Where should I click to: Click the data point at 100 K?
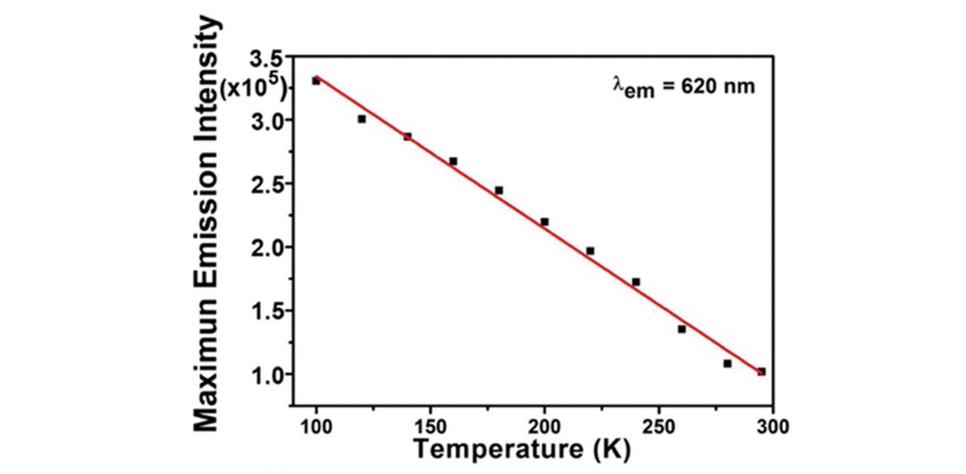click(316, 81)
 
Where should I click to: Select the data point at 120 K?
click(361, 119)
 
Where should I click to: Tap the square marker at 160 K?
click(453, 161)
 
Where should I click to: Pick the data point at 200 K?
click(544, 222)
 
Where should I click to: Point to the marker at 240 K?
click(635, 282)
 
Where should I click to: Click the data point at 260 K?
click(681, 329)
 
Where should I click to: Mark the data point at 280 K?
click(727, 363)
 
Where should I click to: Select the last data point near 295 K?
click(761, 372)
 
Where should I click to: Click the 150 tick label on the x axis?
click(430, 427)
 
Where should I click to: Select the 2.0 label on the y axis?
click(272, 248)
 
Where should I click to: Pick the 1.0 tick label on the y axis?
click(272, 375)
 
